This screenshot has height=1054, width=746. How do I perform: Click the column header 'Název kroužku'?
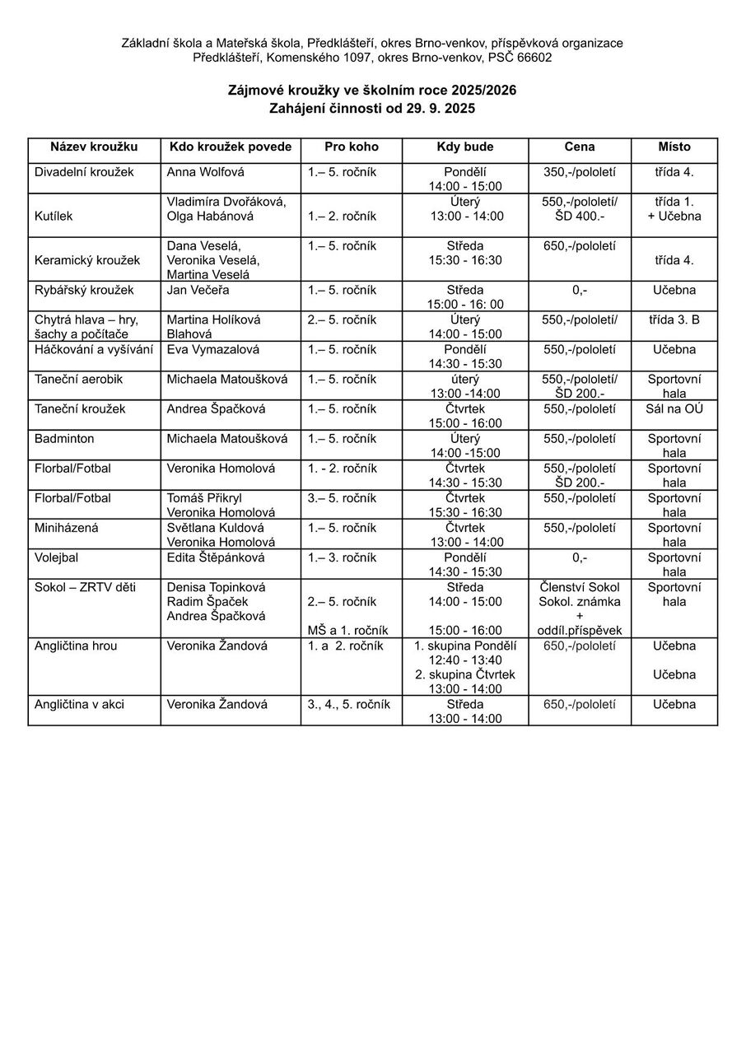[x=94, y=147]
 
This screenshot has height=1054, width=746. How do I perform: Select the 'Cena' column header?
[x=580, y=147]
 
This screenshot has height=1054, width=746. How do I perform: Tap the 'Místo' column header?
[x=674, y=147]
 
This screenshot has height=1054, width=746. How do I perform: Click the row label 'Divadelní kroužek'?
[x=84, y=173]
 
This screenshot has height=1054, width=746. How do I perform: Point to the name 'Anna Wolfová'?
[x=205, y=173]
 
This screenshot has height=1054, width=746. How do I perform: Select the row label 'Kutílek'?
[x=54, y=217]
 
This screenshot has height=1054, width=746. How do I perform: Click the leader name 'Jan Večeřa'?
[x=198, y=291]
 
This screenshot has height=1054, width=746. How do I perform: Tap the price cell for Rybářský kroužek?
[x=580, y=291]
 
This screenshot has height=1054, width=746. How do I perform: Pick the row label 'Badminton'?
[x=64, y=439]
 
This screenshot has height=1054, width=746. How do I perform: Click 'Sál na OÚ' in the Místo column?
[x=674, y=409]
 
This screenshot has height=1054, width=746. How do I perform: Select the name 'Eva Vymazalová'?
[x=213, y=350]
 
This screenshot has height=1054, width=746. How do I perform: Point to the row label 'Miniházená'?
[x=67, y=528]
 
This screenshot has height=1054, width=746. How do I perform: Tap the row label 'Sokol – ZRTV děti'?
[x=86, y=587]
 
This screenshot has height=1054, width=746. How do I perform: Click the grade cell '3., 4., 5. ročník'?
[x=349, y=705]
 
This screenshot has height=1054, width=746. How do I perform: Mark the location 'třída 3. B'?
[x=674, y=320]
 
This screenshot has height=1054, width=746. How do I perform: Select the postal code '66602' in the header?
[x=535, y=58]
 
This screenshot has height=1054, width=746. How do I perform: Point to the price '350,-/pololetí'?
[x=580, y=173]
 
